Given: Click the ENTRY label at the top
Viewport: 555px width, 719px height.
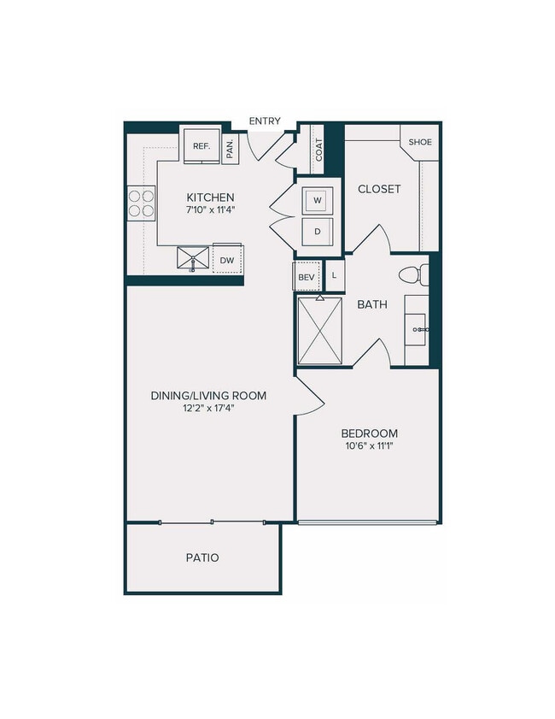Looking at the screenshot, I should click(265, 121).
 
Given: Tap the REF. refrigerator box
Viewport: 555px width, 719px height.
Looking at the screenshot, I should click(202, 146).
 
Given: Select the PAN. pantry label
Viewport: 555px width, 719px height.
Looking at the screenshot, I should click(231, 150).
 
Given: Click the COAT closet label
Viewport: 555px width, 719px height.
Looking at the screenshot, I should click(318, 150).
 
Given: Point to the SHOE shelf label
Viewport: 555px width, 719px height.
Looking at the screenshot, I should click(419, 142).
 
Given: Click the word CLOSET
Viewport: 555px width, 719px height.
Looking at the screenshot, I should click(379, 189).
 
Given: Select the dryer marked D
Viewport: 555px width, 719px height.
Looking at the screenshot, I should click(318, 231).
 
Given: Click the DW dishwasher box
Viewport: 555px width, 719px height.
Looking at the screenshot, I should click(227, 259).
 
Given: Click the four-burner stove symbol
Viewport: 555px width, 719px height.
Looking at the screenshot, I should click(141, 203).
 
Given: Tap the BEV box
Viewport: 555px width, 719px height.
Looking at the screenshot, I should click(307, 276).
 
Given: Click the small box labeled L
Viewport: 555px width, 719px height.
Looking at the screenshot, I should click(334, 276).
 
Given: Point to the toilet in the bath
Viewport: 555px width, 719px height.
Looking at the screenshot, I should click(412, 275).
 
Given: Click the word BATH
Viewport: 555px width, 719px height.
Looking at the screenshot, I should click(373, 304).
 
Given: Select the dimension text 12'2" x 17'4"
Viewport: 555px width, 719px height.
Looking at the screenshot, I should click(208, 409).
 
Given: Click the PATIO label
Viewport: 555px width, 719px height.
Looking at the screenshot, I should click(202, 557).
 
